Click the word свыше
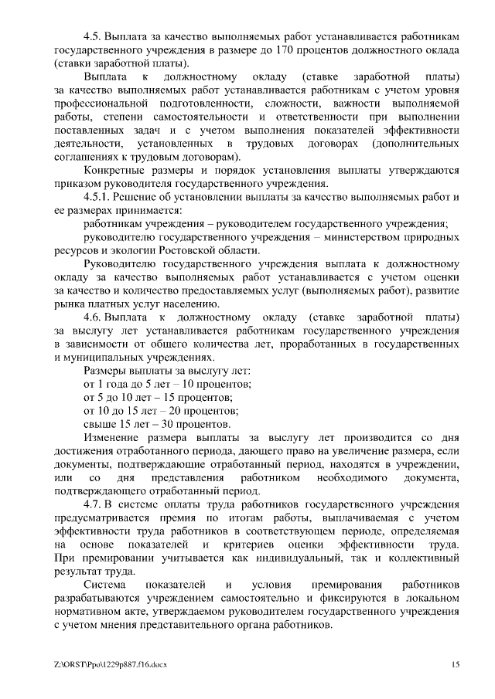[98, 424]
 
